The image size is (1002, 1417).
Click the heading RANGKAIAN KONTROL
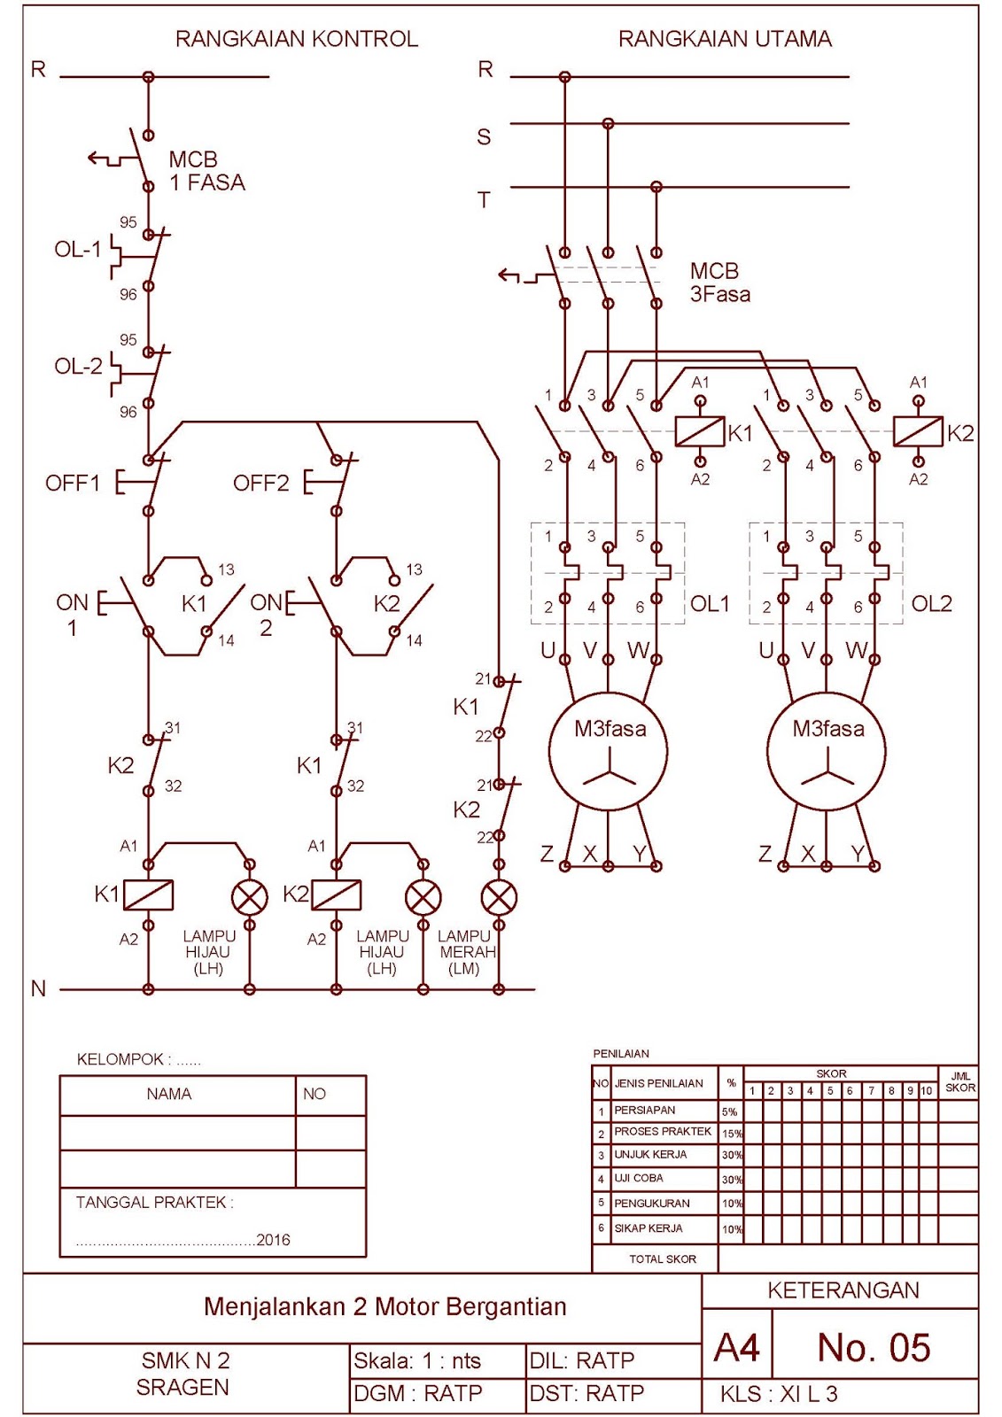296,39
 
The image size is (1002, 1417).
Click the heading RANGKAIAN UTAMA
725,39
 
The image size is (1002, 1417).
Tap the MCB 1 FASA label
206,171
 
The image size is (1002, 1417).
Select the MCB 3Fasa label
719,283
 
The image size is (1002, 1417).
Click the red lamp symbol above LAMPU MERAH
499,898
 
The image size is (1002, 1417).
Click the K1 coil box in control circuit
148,895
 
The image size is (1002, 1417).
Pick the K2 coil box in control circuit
336,895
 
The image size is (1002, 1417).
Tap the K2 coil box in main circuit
918,431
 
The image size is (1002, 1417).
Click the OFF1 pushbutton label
73,484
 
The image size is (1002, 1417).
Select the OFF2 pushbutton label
260,484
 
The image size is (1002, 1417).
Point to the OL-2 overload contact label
78,366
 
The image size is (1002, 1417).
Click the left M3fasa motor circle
608,750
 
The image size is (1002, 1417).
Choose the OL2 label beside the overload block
931,604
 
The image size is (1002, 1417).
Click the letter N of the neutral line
38,989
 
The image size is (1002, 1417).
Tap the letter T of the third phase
484,201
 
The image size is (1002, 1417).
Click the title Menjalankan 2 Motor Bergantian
384,1307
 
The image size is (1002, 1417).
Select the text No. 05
874,1348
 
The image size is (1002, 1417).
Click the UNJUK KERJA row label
650,1155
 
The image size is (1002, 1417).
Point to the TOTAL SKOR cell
662,1258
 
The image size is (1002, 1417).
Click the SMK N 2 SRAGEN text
183,1374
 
